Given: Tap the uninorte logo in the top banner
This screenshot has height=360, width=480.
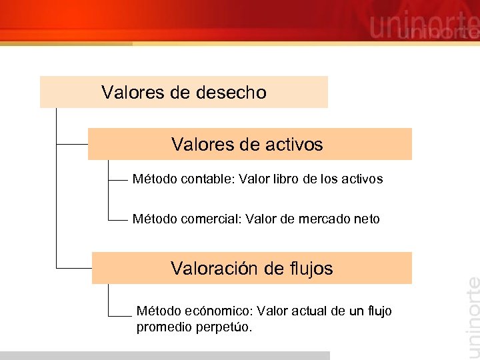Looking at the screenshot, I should point(423,27).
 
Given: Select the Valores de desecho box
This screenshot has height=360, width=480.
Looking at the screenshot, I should point(183,92).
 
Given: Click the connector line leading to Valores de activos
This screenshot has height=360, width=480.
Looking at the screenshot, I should point(72,143).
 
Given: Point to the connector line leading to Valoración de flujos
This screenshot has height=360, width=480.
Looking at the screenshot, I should point(73,267).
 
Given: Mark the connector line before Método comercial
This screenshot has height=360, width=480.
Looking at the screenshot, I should point(117,219).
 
